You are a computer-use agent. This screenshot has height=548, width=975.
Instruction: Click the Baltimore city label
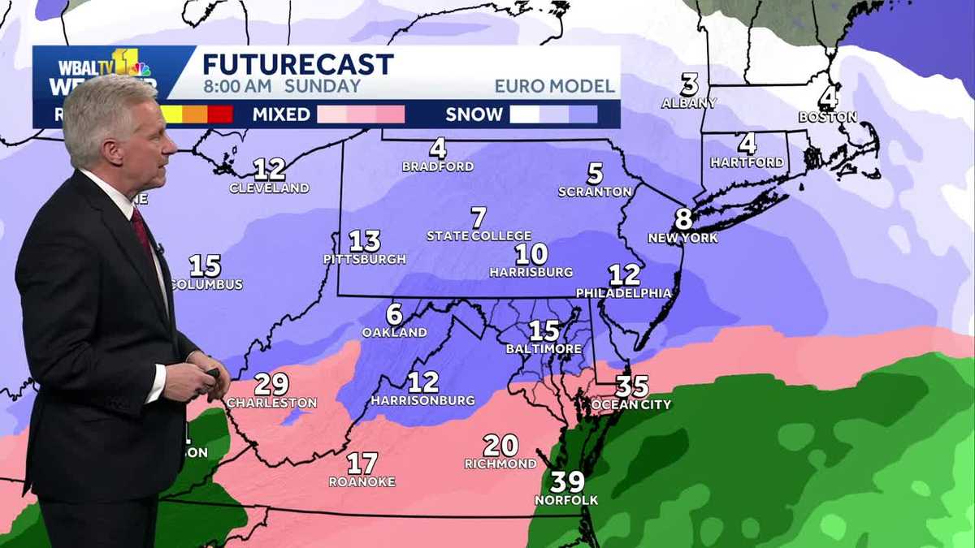coord(544,349)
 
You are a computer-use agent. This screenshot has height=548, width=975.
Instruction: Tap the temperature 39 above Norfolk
coord(567,481)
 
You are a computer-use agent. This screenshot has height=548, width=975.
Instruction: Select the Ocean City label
coord(631,404)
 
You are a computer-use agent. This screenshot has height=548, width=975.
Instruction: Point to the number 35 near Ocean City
coord(631,386)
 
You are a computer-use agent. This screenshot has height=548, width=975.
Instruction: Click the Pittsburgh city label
coord(365,260)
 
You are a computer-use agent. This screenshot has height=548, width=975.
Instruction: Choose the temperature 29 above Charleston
coord(271,384)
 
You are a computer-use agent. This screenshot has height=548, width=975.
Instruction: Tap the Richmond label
coord(500,464)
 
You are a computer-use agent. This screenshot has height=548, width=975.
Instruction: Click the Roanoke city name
coord(362,481)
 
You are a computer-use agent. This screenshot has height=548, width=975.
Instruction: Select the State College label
coord(479,236)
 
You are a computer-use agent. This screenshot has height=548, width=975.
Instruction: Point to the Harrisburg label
coord(531,273)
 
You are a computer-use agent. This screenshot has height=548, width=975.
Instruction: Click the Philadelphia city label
coord(624,293)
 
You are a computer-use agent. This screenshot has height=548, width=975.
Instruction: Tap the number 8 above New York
coord(683,219)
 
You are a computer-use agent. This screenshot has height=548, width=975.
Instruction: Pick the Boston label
coord(827,117)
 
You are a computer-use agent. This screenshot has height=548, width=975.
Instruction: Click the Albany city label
coord(689,103)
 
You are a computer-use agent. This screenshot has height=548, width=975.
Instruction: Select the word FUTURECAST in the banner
coord(298,64)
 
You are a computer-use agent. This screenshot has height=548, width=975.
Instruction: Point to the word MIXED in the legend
coord(281,114)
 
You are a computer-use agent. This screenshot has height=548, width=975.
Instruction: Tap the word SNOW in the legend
coord(474,114)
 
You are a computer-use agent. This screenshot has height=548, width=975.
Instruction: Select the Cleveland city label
coord(269,188)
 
